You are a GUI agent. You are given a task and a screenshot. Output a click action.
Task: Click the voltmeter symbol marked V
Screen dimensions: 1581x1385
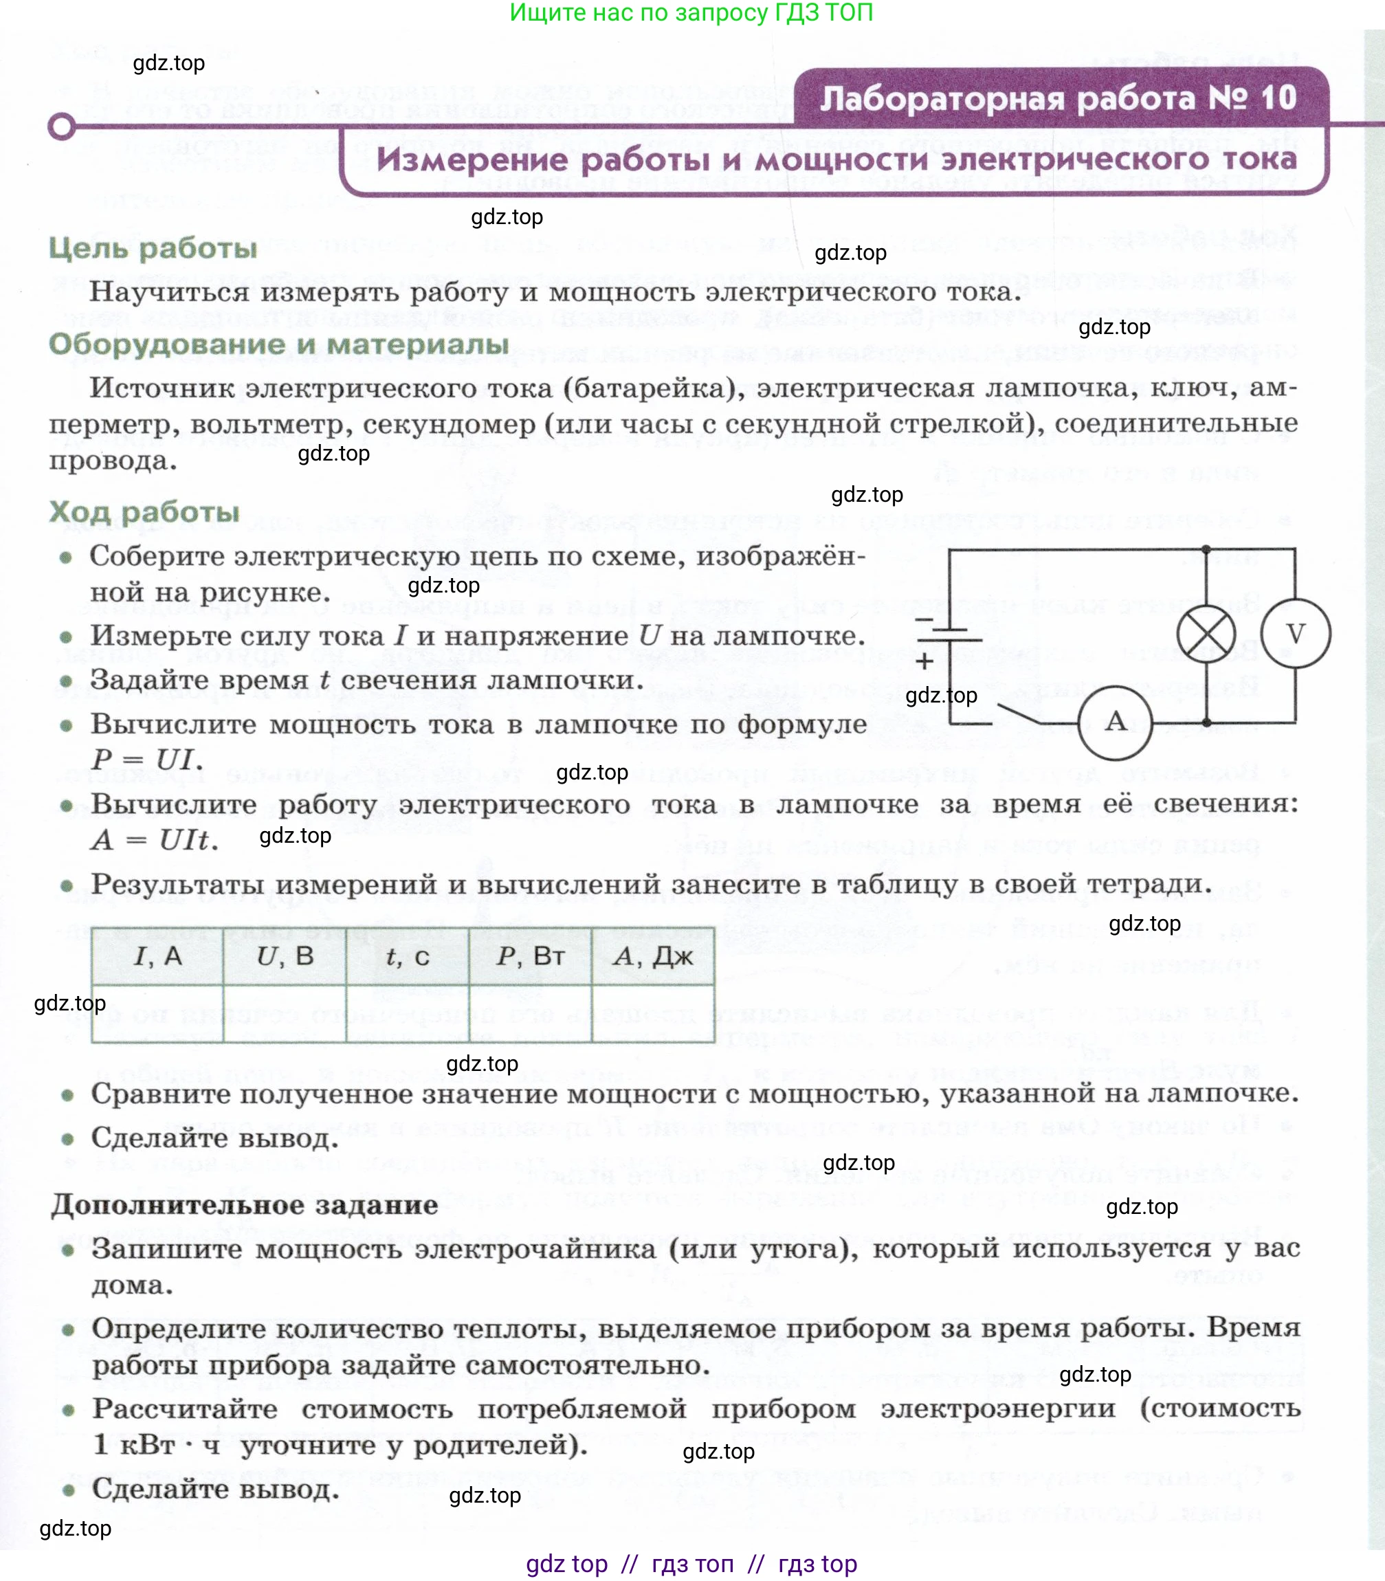tap(1296, 634)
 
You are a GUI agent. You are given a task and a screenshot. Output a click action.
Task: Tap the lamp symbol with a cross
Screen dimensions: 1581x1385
tap(1206, 634)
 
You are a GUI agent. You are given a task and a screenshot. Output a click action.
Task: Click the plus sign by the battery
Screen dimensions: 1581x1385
tap(924, 661)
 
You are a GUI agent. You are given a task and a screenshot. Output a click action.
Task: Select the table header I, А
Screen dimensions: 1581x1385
tap(157, 957)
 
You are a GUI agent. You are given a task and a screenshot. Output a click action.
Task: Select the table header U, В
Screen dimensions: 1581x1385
tap(285, 957)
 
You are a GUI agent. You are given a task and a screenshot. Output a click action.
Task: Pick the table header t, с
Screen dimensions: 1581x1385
tap(408, 957)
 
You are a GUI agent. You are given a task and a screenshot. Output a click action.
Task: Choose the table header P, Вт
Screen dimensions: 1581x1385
tap(530, 957)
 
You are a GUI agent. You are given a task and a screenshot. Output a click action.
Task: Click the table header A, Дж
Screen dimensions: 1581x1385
tap(652, 957)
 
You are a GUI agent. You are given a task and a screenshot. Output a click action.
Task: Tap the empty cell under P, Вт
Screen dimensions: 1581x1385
tap(530, 1013)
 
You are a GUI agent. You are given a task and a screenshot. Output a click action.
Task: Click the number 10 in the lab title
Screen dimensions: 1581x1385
tap(1278, 98)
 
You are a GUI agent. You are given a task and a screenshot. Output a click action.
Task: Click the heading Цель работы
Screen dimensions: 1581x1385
tap(153, 248)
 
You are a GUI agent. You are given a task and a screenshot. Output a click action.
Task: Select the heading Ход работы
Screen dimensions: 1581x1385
tap(144, 511)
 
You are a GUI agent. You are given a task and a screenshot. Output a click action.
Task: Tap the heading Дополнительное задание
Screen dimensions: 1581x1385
tap(244, 1205)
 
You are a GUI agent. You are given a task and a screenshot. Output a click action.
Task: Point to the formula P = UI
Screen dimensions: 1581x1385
tap(147, 759)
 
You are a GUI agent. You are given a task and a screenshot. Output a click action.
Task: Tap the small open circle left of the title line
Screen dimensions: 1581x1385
tap(62, 126)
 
